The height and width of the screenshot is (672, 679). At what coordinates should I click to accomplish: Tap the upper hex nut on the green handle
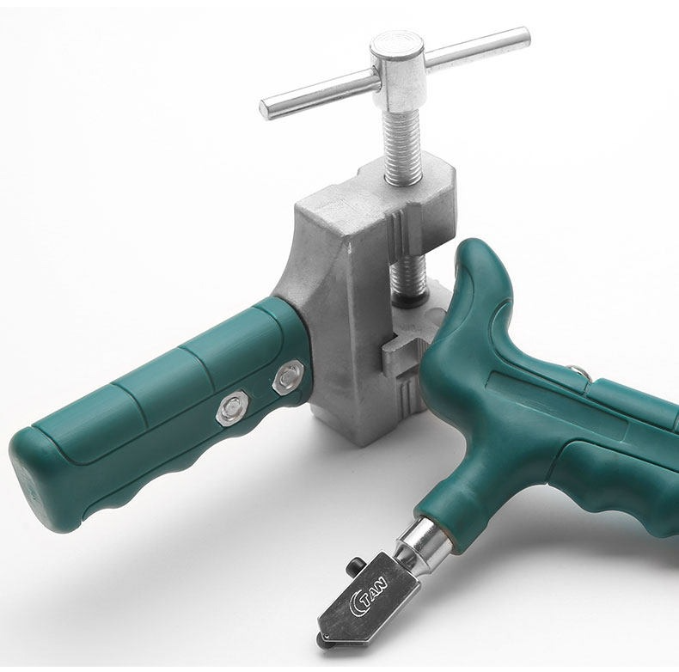click(x=288, y=377)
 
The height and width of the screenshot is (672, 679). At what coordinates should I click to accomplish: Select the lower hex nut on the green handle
click(x=232, y=407)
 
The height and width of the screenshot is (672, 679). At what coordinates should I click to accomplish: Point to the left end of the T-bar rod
click(x=265, y=108)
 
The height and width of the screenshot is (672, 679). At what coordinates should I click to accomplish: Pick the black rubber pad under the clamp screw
click(x=409, y=302)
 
